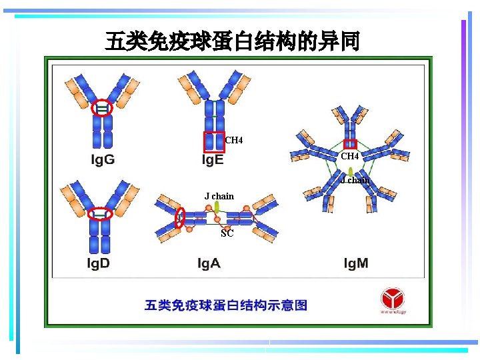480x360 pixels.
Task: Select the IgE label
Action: click(x=213, y=161)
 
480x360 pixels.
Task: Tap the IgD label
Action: click(x=98, y=263)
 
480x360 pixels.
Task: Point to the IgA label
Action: click(x=209, y=263)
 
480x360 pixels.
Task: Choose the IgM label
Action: click(x=355, y=263)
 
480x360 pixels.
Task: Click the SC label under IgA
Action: click(x=227, y=233)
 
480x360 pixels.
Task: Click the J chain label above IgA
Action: click(x=219, y=196)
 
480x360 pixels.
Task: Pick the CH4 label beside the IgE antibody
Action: click(x=234, y=140)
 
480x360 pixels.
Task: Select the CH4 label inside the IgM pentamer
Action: click(x=350, y=156)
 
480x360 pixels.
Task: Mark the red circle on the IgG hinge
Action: click(x=102, y=107)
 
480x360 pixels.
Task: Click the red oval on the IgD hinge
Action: click(x=100, y=213)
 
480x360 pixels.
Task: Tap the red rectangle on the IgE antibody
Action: click(x=214, y=142)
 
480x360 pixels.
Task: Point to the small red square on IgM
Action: click(x=350, y=143)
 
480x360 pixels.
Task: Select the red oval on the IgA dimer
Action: click(x=179, y=217)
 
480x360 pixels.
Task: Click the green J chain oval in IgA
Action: click(x=217, y=209)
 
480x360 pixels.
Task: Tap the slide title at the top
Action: click(x=232, y=41)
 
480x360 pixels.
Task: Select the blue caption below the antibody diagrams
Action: click(x=226, y=305)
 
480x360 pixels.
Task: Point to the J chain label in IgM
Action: click(x=355, y=180)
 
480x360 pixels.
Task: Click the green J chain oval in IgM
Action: click(x=350, y=172)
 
